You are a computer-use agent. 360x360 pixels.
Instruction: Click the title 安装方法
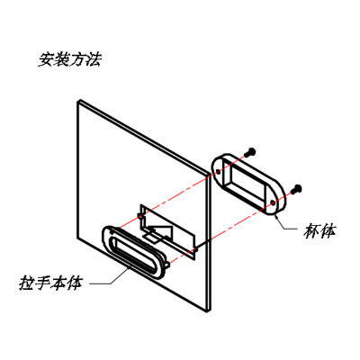tap(70, 60)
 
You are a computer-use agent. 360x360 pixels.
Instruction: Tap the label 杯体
tap(319, 231)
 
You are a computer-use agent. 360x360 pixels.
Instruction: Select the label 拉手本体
tap(50, 283)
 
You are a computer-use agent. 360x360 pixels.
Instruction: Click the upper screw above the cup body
tap(250, 152)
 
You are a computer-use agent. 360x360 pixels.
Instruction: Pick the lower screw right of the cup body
tap(297, 188)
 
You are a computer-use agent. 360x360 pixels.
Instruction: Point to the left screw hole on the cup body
tap(218, 171)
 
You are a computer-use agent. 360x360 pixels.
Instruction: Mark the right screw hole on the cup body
tap(273, 202)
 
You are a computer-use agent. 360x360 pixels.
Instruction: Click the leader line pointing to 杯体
tap(285, 224)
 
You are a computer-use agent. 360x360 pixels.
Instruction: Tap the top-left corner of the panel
tap(77, 102)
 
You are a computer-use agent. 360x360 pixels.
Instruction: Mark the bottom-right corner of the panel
tap(209, 311)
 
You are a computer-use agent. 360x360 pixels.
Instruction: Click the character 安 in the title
tap(46, 60)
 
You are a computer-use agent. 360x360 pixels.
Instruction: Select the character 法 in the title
tap(94, 60)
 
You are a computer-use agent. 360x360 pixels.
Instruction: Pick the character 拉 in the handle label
tap(27, 283)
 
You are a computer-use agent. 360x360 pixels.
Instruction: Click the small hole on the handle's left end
tap(112, 232)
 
